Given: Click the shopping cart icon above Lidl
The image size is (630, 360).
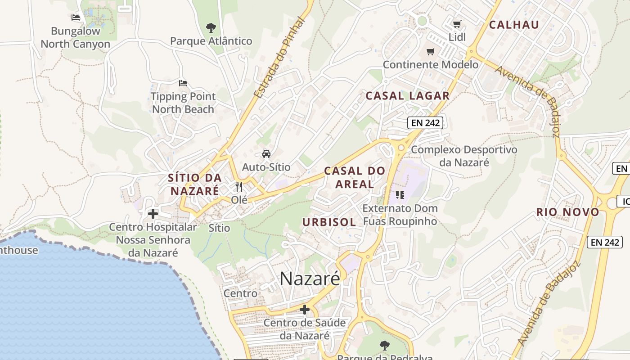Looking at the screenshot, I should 457,24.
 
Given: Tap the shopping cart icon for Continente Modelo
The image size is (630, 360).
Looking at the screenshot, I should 431,52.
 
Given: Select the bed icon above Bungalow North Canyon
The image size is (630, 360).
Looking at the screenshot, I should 76,18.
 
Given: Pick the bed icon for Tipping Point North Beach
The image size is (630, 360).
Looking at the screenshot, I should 183,83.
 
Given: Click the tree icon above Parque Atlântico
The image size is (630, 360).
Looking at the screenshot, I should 211,28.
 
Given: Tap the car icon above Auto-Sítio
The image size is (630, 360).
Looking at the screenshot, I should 266,154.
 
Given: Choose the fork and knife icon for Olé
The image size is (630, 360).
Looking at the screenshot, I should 239,186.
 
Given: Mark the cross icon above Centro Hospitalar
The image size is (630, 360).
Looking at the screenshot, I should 153,214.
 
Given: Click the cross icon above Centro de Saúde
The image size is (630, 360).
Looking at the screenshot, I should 305,310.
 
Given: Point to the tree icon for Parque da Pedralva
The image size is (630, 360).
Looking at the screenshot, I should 384,346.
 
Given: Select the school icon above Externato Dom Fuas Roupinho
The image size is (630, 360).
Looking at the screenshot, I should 400,195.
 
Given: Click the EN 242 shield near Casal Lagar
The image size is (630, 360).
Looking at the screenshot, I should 425,122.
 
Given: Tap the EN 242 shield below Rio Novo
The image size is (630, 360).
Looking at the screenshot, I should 605,242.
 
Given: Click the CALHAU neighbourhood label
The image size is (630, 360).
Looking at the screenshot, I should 514,25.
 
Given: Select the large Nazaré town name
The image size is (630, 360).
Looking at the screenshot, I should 310,279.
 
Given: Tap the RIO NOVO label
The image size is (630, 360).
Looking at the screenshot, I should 568,212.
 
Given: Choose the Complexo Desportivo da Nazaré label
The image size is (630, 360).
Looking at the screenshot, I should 464,156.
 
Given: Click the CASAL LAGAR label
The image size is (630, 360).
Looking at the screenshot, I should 407,95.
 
